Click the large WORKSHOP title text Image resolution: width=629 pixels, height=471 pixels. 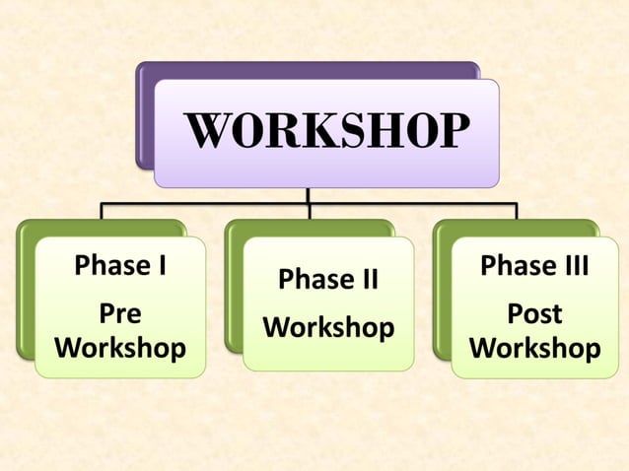pos(326,132)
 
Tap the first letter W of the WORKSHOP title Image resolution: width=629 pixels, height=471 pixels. pos(207,132)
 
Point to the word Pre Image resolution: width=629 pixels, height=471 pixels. pos(120,314)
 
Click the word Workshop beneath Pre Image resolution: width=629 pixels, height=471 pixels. pos(120,349)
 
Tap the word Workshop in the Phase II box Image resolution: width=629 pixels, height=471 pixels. pos(328,327)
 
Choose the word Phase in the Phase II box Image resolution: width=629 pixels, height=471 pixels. pos(314,280)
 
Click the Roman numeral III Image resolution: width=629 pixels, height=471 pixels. pos(573,266)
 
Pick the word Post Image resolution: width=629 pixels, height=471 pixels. pos(534,314)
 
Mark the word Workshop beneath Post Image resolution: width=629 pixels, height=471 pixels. pos(534,349)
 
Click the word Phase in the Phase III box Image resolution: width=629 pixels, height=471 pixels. pos(516,266)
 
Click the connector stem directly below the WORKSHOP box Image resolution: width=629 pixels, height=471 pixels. pos(309,195)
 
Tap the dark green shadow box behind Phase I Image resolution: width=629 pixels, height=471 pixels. pos(24,296)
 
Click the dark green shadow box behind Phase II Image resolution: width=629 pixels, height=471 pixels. pos(233,296)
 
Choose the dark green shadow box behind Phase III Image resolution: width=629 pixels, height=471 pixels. pos(441,296)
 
